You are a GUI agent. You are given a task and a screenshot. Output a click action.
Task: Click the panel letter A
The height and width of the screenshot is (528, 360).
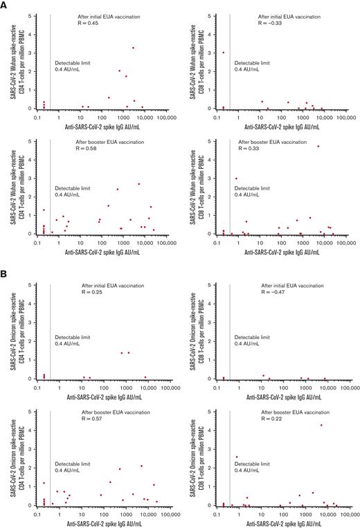tap(5, 5)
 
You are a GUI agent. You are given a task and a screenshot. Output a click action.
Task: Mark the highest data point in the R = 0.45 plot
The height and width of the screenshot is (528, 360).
tap(133, 48)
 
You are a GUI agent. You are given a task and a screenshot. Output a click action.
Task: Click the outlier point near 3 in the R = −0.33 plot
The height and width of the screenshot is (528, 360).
tap(223, 52)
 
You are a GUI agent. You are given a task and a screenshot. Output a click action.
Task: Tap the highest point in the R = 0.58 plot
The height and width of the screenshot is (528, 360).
tap(138, 184)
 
